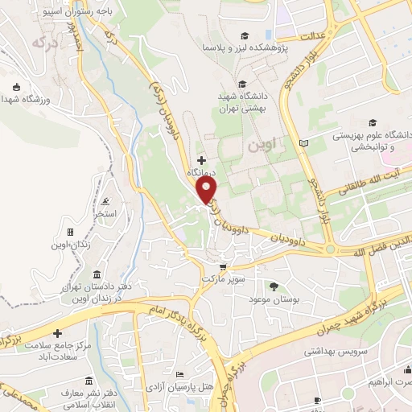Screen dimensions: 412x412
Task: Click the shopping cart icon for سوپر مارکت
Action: [223, 266]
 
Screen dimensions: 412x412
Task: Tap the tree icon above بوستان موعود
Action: [274, 286]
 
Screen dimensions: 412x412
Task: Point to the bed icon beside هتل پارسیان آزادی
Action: [180, 375]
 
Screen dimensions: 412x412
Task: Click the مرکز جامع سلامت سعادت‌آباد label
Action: [57, 351]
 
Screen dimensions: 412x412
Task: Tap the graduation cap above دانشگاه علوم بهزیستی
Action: [372, 122]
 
